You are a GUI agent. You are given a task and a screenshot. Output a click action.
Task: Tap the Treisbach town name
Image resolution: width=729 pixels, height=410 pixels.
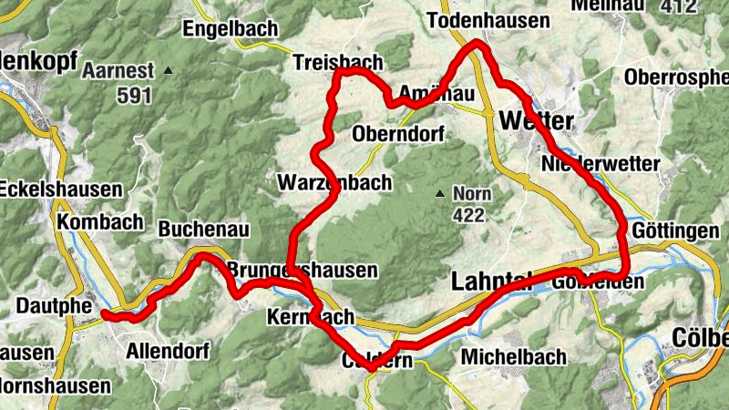[x=339, y=61]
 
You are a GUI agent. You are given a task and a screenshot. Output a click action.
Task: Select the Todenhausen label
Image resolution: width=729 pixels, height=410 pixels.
[x=488, y=20]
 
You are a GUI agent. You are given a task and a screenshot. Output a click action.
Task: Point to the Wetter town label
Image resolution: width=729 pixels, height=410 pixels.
[x=537, y=120]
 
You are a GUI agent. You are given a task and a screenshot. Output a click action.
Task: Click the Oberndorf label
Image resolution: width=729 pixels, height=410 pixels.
[x=397, y=134]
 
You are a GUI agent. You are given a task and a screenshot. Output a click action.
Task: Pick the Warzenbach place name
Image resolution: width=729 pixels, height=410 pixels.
[x=335, y=183]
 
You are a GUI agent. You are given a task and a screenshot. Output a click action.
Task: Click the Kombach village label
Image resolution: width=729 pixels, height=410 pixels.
[x=99, y=221]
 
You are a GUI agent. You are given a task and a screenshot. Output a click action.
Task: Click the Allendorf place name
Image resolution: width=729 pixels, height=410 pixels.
[x=168, y=351]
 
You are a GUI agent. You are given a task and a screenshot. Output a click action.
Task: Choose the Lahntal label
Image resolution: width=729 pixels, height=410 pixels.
[x=497, y=283]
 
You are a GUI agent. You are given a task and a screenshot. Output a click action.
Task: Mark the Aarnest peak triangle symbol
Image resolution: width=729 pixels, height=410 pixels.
[x=169, y=70]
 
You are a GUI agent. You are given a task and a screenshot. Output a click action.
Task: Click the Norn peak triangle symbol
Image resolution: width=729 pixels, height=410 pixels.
[x=440, y=193]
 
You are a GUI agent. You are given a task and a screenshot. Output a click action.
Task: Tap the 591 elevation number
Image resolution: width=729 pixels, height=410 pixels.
[x=132, y=94]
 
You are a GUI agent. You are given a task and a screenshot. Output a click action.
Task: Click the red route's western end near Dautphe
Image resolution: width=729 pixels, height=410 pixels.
[x=105, y=314]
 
